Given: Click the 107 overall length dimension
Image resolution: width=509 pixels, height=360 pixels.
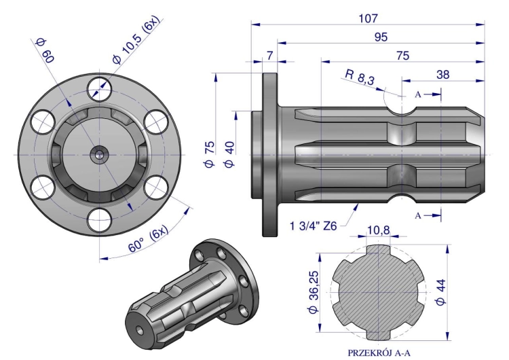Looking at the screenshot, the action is point(368,18).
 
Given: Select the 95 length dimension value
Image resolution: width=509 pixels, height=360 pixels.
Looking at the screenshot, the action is point(381,37).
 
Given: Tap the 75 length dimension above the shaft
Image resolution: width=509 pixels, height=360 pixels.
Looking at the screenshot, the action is point(403,56).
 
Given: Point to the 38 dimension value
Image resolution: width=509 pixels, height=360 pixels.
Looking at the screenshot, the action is point(443,75).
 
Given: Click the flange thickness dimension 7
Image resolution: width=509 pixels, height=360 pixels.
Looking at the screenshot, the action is point(269,56).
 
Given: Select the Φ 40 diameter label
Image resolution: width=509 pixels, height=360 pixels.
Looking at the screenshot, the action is point(229,154).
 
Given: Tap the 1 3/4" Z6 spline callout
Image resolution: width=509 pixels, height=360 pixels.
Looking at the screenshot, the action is point(314,226).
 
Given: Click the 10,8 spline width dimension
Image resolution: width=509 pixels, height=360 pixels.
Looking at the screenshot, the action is point(378,230).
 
